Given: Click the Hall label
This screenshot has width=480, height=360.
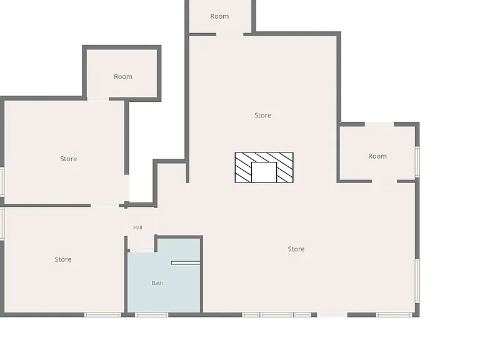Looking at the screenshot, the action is [137, 227].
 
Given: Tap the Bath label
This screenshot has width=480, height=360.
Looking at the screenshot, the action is [157, 283].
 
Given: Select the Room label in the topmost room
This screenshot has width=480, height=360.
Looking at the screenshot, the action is [219, 16].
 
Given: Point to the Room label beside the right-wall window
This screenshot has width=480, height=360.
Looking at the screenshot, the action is [377, 156].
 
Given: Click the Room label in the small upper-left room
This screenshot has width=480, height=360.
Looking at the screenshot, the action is [123, 76].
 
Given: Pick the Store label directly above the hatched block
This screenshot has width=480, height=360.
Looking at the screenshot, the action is [262, 116].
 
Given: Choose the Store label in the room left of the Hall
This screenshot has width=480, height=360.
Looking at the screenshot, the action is [63, 259].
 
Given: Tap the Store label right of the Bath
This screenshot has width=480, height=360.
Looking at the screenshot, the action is [296, 249].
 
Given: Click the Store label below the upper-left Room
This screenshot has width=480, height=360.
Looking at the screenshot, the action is [69, 159].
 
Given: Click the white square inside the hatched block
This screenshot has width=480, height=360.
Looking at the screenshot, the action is [264, 172].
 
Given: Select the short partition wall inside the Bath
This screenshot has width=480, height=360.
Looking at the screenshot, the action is [186, 263].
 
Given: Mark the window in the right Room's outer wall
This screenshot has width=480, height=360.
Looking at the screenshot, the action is [417, 162].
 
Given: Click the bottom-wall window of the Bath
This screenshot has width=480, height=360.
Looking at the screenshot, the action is [151, 315].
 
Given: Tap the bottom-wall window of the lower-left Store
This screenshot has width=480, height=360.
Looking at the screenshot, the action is [102, 315].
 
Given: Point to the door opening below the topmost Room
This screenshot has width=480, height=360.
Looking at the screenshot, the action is [230, 34].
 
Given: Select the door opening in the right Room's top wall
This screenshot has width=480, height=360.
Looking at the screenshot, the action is [379, 124].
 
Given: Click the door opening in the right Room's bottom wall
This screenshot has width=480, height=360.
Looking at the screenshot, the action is [384, 181].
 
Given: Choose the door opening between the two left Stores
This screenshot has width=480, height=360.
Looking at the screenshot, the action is [104, 205].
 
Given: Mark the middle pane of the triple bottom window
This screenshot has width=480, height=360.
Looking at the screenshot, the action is [277, 315].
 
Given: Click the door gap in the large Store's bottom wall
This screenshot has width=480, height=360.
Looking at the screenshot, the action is [332, 315].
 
